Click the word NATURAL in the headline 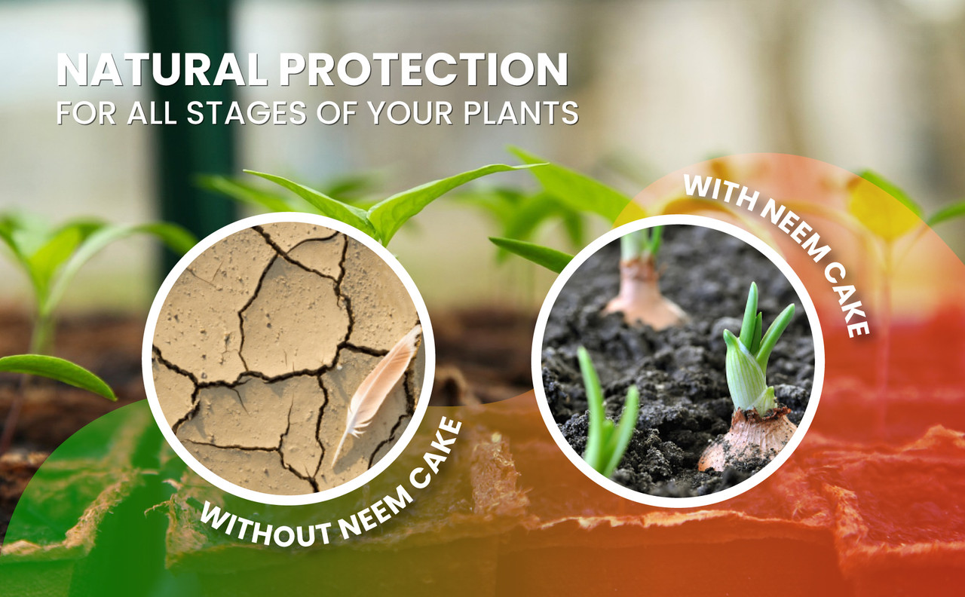(161, 70)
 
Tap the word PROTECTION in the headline (424, 70)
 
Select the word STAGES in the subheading (247, 113)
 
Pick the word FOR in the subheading (86, 113)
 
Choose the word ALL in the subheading (152, 113)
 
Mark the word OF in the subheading (336, 113)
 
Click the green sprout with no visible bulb (607, 414)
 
